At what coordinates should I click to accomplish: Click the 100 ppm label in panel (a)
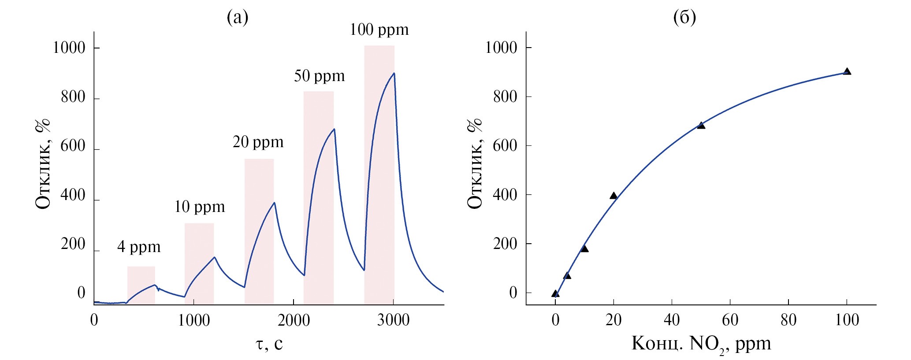coord(379,30)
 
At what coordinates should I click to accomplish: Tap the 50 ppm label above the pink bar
coord(319,76)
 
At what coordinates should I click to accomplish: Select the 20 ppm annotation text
coord(258,142)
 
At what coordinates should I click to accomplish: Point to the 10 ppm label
coord(199,207)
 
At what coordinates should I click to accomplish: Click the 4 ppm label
coord(139,247)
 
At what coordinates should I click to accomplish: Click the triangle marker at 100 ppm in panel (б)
coord(847,71)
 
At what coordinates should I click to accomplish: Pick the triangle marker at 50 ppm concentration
coord(701,126)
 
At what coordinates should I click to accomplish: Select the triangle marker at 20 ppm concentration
coord(614,196)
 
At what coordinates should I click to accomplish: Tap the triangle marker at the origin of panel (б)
coord(555,293)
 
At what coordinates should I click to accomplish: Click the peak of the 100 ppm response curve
coord(394,73)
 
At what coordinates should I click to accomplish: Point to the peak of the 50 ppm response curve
coord(335,129)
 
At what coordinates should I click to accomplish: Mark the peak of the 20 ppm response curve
coord(275,203)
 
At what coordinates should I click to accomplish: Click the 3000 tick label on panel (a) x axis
coord(393,320)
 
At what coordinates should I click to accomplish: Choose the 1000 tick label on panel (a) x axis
coord(193,320)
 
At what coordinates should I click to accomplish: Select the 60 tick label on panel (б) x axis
coord(730,320)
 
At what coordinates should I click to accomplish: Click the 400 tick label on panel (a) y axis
coord(73,195)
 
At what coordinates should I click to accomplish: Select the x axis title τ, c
coord(268,344)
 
